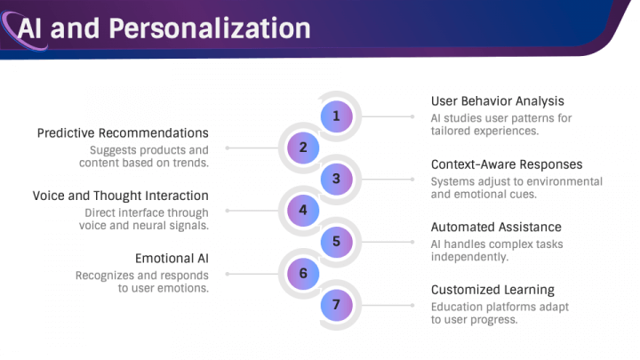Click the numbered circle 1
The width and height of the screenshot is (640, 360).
coord(336,116)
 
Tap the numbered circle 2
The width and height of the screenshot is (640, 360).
coord(303,148)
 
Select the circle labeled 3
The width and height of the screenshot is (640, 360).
coord(336,179)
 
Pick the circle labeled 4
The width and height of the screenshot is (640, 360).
coord(303,210)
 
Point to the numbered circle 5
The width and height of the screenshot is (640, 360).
coord(336,242)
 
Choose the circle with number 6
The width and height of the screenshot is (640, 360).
coord(303,273)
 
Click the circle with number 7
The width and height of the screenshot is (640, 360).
coord(336,305)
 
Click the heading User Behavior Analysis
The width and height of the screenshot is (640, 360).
coord(498,101)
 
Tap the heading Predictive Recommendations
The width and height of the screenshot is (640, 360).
coord(123,133)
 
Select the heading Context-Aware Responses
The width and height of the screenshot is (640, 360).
coord(507,164)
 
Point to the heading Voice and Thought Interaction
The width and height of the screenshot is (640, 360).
coord(120,196)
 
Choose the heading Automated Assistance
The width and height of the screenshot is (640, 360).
coord(496,227)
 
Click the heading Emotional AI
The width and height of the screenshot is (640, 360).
coord(172,259)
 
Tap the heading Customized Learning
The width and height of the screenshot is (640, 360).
coord(492,290)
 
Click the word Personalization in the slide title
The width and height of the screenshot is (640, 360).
coord(210,28)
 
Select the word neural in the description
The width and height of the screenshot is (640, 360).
coord(163,226)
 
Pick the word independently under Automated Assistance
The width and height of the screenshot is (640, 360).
coord(469,257)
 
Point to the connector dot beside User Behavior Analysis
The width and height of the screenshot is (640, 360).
coord(412,116)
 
